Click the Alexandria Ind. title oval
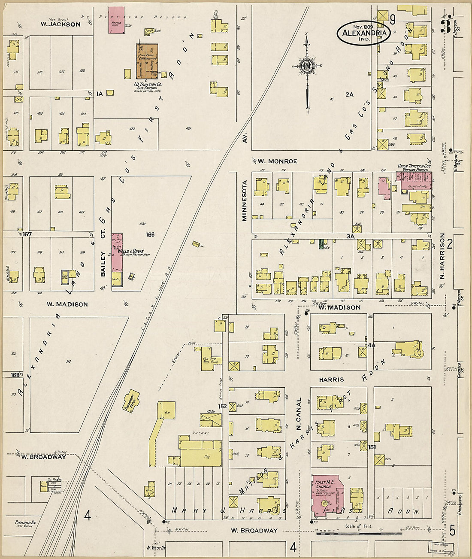coord(363,33)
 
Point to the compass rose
coord(307,67)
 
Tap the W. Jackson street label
coord(61,24)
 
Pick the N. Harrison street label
coord(442,261)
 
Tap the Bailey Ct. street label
coord(103,264)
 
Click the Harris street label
coord(331,380)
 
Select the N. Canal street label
coord(298,414)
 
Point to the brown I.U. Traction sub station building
coord(147,61)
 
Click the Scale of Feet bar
coord(353,533)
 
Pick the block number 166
coord(150,235)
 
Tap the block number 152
coord(222,406)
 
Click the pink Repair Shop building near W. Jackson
coord(116,19)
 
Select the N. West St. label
coord(155,547)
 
